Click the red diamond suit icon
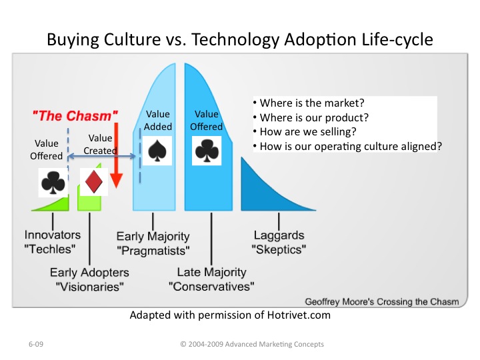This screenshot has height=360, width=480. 94,181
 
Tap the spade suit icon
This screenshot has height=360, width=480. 157,151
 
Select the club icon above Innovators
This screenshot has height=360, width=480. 53,183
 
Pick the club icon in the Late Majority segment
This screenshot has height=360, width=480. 207,151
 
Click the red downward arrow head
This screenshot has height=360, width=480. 116,180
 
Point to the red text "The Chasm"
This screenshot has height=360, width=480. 75,116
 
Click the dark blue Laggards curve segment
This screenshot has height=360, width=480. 269,190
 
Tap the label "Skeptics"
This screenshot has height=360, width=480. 279,249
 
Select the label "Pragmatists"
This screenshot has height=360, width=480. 153,251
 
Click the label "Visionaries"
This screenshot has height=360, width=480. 90,287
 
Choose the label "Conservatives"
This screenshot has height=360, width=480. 211,287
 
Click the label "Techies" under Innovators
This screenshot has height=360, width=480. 50,249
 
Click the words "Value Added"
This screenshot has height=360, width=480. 157,120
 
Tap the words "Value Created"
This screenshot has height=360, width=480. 101,144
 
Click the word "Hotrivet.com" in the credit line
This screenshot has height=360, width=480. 299,315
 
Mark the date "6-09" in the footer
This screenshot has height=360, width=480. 36,344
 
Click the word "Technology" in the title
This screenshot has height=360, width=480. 235,40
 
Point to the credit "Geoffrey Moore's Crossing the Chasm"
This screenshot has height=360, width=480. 382,302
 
